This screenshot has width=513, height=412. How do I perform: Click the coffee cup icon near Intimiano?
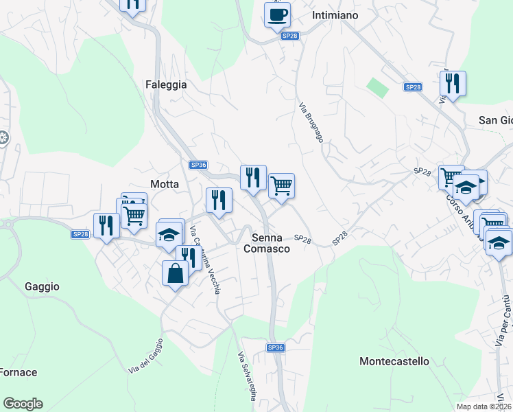(x=277, y=14)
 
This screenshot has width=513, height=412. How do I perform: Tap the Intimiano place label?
(x=335, y=14)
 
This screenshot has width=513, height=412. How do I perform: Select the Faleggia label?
(x=166, y=84)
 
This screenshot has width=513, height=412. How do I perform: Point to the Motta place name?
(x=165, y=184)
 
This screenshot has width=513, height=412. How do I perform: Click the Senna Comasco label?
(x=267, y=243)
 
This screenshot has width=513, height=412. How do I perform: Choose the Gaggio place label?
(x=42, y=286)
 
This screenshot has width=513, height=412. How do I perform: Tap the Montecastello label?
(x=394, y=360)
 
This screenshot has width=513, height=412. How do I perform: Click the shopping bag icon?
(x=175, y=273)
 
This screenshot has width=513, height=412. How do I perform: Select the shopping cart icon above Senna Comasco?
(x=281, y=185)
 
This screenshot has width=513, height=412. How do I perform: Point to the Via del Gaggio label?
(x=145, y=356)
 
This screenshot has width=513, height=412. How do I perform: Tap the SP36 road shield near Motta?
(x=198, y=165)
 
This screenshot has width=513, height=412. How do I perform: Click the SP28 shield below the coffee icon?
(x=290, y=36)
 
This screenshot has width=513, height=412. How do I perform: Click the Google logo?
(x=23, y=404)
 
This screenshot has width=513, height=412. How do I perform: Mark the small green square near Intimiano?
(x=376, y=87)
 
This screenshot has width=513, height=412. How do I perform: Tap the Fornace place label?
(x=19, y=372)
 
